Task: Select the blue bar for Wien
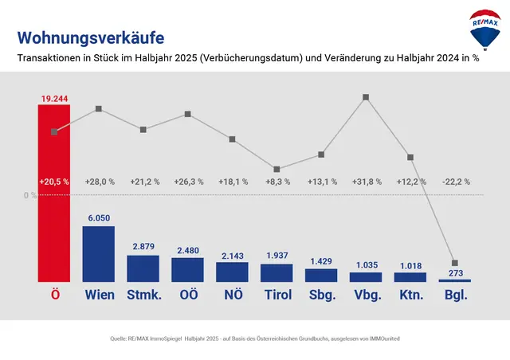(99, 254)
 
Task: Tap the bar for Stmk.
(143, 268)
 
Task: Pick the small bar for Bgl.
(455, 280)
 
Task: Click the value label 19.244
(54, 98)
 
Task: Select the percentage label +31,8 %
(366, 182)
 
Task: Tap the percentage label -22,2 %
(455, 182)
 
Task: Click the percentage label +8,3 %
(277, 182)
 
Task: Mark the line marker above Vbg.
(366, 97)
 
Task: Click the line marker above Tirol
(277, 169)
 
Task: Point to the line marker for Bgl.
(455, 263)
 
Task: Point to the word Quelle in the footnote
(120, 338)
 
